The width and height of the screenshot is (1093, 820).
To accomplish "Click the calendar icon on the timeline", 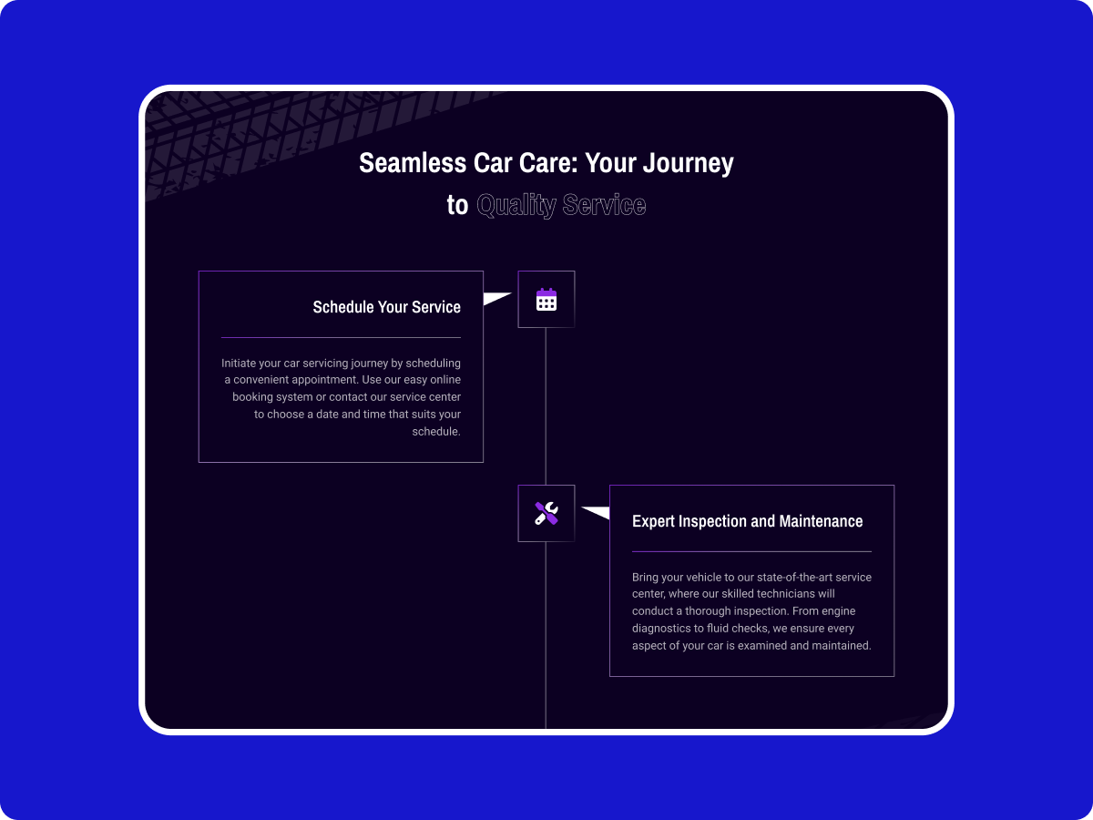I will tap(546, 299).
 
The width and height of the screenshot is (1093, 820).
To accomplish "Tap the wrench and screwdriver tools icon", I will tap(546, 513).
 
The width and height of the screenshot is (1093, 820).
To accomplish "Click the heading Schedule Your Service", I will tap(386, 307).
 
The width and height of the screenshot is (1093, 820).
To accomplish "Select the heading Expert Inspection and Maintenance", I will tap(747, 521).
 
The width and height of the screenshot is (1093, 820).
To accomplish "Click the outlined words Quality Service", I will tap(561, 205).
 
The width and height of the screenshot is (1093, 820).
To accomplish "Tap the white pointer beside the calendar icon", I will tap(497, 298).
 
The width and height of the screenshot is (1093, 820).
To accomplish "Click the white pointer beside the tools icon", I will tap(596, 513).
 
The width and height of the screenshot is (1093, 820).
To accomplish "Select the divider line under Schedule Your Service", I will tap(341, 338).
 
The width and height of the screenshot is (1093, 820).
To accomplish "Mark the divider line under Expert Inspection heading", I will tap(751, 552).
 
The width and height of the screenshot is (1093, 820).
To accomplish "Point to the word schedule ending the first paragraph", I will tap(435, 432).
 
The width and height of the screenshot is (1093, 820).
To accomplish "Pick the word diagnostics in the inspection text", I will tap(661, 629).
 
